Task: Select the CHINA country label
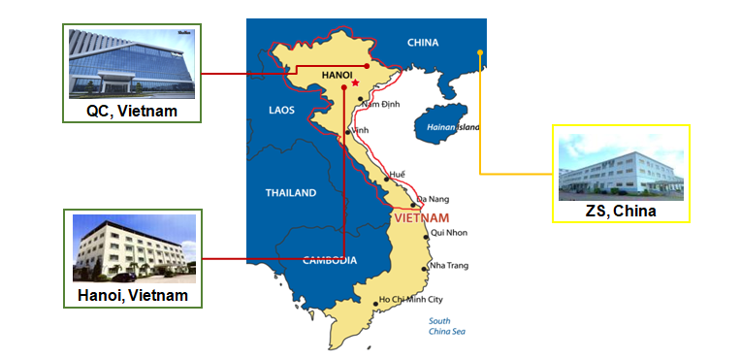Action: [423, 43]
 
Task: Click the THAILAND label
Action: [291, 193]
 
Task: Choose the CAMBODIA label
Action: [330, 260]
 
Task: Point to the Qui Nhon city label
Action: [449, 233]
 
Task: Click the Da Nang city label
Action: [433, 199]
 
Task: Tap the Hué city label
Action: [397, 175]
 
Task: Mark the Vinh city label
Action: [361, 130]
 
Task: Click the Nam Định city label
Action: [383, 103]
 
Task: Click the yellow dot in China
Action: [480, 52]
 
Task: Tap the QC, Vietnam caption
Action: [132, 112]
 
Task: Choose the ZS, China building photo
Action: [621, 167]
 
